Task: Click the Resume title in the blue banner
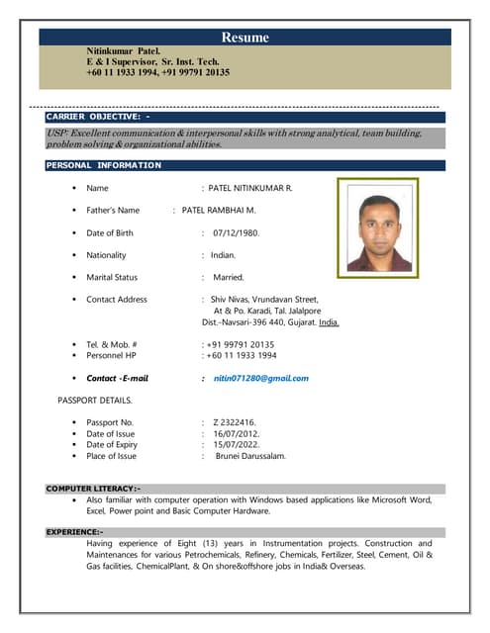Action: point(245,38)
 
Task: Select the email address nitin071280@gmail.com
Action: point(260,378)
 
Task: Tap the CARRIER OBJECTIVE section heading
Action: point(98,118)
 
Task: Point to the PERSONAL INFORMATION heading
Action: point(103,165)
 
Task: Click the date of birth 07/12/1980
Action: point(236,232)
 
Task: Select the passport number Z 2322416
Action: point(235,421)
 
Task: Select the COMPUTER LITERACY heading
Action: point(93,489)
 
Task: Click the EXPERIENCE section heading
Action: point(74,532)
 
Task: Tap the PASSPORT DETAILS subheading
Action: point(95,401)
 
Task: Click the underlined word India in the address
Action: point(328,321)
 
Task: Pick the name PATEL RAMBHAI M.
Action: point(219,210)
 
